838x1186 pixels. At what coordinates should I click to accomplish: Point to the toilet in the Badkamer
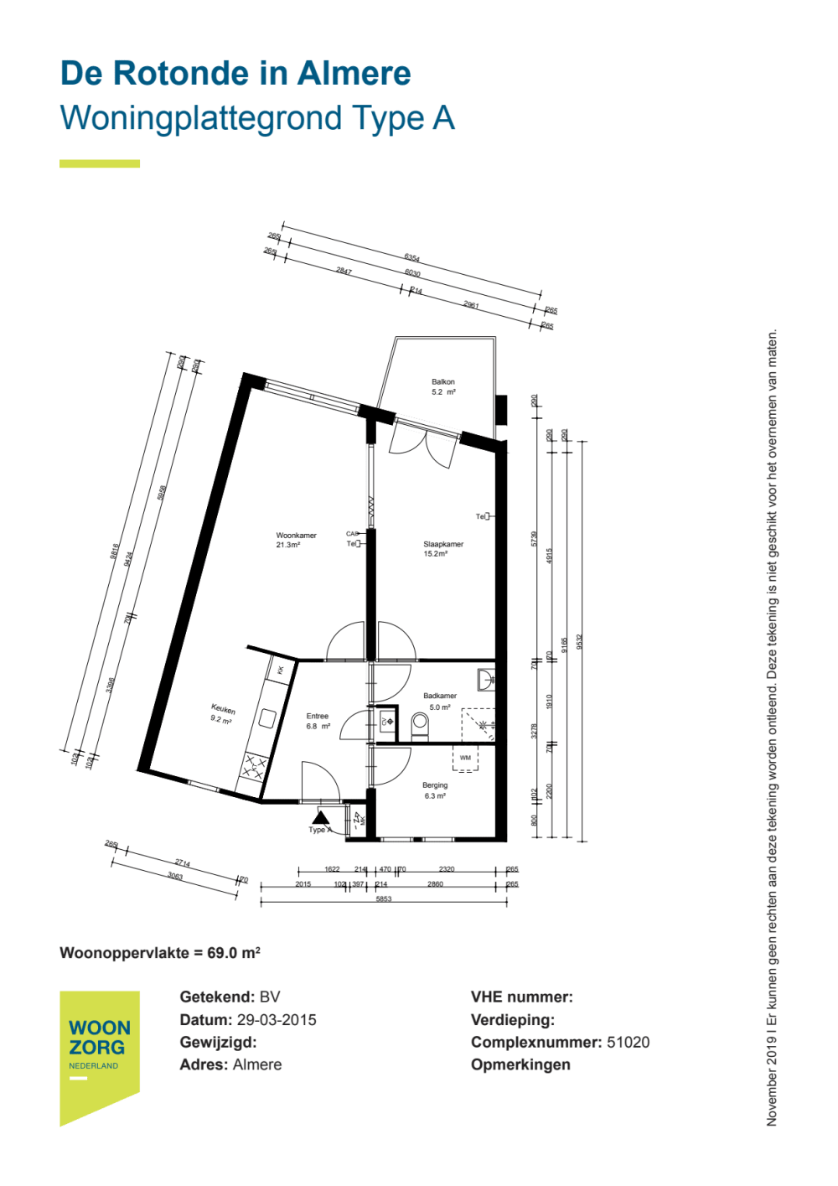(420, 724)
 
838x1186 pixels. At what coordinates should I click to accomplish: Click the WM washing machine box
(465, 759)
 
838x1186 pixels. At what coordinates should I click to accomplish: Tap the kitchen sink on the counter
(267, 718)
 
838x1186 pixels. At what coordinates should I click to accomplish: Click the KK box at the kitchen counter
(280, 670)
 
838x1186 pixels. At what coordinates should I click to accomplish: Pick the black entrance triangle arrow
(320, 817)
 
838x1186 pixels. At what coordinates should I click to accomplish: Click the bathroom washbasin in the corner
(485, 679)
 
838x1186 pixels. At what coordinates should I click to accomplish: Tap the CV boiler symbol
(387, 722)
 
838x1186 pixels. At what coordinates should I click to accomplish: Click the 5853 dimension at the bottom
(384, 899)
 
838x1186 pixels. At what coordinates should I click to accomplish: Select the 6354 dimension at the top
(411, 257)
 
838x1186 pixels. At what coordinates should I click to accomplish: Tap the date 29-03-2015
(277, 1020)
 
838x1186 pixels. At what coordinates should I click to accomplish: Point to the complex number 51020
(628, 1043)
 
